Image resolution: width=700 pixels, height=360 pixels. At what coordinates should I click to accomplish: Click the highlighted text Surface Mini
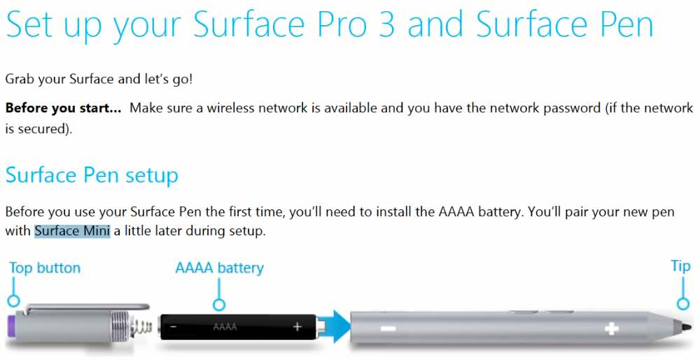coord(72,231)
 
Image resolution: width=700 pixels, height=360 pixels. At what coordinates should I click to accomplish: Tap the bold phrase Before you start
coord(63,108)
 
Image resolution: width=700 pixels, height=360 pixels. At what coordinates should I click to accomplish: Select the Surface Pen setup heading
coord(92,176)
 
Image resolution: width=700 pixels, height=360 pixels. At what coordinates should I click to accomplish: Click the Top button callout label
coord(45,268)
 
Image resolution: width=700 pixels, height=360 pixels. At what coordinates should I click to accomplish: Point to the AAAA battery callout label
coord(220,268)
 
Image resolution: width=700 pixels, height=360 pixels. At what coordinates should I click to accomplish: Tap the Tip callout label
coord(680,266)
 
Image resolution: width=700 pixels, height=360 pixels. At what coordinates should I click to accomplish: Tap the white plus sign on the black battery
coord(297,327)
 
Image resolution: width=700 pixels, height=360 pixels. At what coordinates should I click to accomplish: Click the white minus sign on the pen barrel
coord(388,329)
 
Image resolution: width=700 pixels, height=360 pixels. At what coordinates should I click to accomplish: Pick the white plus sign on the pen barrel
coord(610,329)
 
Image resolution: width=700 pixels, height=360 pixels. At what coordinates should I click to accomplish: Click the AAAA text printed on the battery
coord(225,327)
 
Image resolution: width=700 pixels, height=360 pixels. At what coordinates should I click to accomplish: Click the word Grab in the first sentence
coord(20,80)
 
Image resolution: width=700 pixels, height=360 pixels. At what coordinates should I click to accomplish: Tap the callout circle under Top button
coord(13,300)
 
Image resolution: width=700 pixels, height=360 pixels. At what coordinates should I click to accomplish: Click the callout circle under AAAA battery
coord(218,305)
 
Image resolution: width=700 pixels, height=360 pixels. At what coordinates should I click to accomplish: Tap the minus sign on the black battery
coord(174,327)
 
